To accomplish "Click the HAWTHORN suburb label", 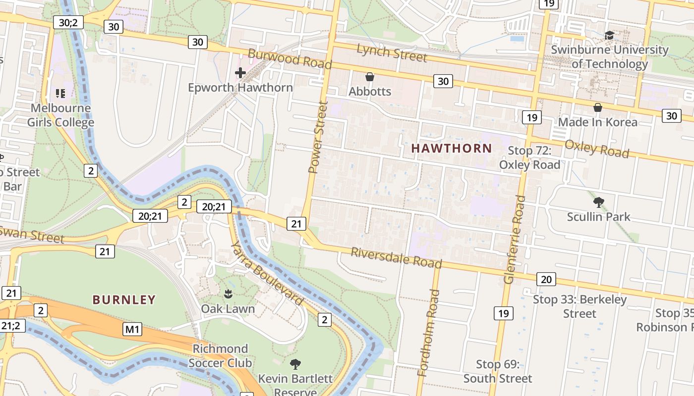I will coord(452,148).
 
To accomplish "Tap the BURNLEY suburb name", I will coord(124,299).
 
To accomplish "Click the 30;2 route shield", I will coord(68,23).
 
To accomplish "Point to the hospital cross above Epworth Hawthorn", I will coord(240,73).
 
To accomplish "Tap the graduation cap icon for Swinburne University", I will coord(609,36).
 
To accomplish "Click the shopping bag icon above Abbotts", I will coord(369,77).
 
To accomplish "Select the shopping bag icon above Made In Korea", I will coord(598,107).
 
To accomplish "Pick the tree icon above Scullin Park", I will coord(598,202).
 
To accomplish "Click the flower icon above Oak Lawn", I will coord(228,294).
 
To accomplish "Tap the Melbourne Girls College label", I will coord(60,115).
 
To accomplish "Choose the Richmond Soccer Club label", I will coord(220,355).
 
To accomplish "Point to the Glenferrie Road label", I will coord(515,239).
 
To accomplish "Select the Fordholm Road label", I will coord(429,333).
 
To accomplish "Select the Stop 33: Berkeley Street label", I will coord(579,306).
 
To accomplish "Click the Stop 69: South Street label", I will coord(497,371).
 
